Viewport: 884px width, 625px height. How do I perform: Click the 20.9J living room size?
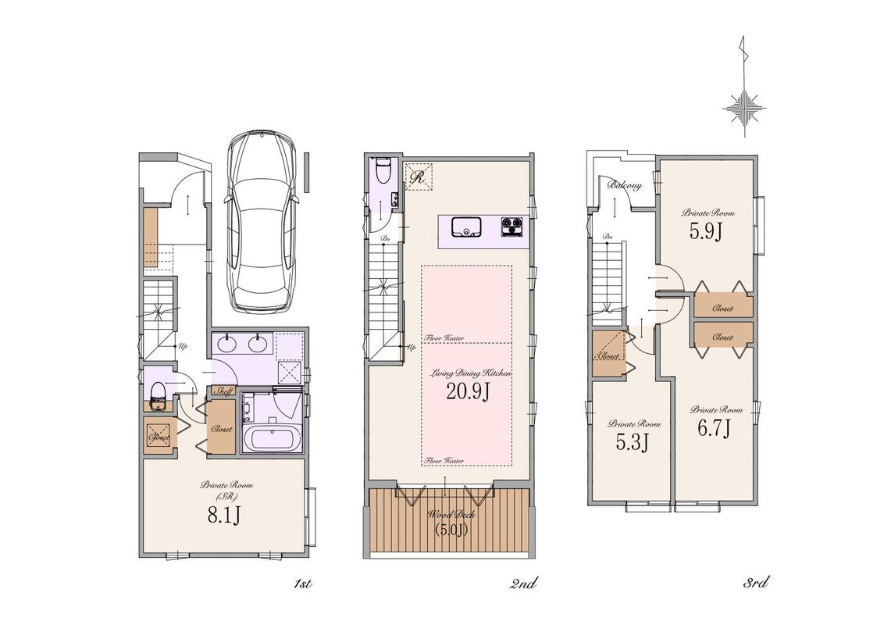[x=467, y=391]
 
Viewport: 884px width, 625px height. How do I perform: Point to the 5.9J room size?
[x=705, y=230]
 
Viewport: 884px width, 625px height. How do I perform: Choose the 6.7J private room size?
[x=714, y=429]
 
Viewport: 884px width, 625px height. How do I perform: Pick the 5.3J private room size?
[x=632, y=442]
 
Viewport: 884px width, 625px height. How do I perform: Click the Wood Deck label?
[x=451, y=515]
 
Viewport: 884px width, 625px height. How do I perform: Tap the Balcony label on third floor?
[x=625, y=185]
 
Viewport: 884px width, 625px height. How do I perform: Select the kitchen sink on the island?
[x=465, y=227]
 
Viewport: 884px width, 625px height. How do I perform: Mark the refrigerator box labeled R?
[x=419, y=177]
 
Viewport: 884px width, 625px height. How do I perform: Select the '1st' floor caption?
[x=303, y=584]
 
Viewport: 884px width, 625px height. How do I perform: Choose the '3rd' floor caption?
[x=756, y=583]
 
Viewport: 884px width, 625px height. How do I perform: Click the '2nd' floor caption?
[x=523, y=584]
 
